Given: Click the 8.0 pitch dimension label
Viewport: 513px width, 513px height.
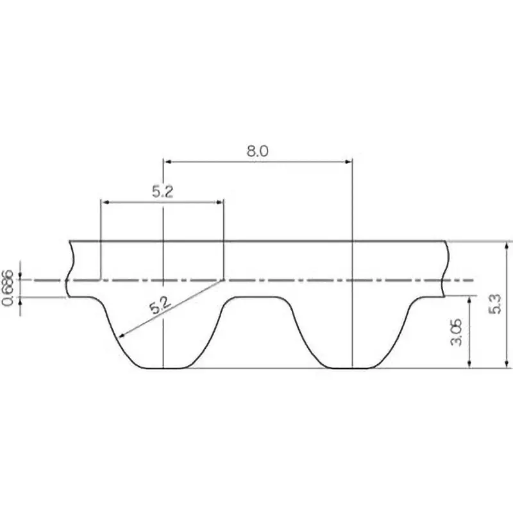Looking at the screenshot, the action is [257, 151].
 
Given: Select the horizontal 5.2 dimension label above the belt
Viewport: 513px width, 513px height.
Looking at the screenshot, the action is [163, 192].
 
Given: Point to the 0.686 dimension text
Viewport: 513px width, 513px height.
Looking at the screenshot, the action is [8, 287].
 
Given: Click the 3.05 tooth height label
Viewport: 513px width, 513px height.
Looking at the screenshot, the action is [457, 332].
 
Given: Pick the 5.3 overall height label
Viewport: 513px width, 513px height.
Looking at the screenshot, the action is [494, 304].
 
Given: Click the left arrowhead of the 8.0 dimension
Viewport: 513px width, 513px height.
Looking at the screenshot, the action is [167, 162].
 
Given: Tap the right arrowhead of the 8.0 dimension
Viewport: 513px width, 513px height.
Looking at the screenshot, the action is [348, 162].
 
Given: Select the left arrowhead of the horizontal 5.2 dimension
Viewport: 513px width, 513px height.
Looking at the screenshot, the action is [105, 202].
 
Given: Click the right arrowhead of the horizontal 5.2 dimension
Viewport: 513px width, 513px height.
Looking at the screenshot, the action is [219, 202].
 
